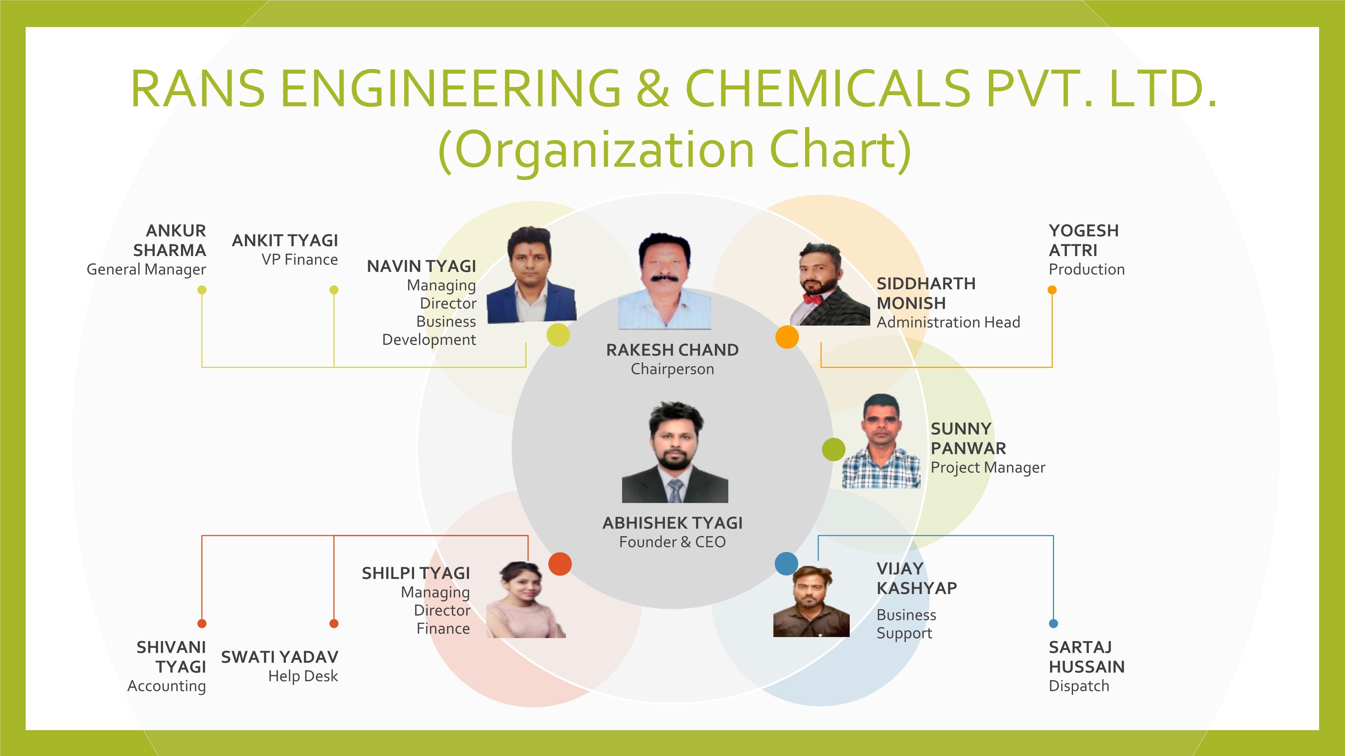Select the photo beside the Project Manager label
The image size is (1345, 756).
[x=881, y=441]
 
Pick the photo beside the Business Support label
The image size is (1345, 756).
[x=811, y=601]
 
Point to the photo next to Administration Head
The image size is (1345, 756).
[x=830, y=284]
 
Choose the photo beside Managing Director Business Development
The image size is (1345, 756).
[x=532, y=275]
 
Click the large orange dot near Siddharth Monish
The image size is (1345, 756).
[x=787, y=337]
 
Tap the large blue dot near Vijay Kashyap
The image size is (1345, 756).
[x=786, y=563]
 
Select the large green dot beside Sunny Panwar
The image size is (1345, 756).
[x=833, y=449]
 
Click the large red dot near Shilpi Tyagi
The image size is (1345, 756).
[x=560, y=564]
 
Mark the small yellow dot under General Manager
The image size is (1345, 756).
[x=202, y=290]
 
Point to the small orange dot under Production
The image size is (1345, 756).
[x=1052, y=290]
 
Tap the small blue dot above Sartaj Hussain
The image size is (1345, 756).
[x=1053, y=624]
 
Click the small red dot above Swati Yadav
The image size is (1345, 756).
[x=334, y=624]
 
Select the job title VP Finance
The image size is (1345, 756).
[x=300, y=260]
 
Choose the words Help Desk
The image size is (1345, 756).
[x=303, y=676]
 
